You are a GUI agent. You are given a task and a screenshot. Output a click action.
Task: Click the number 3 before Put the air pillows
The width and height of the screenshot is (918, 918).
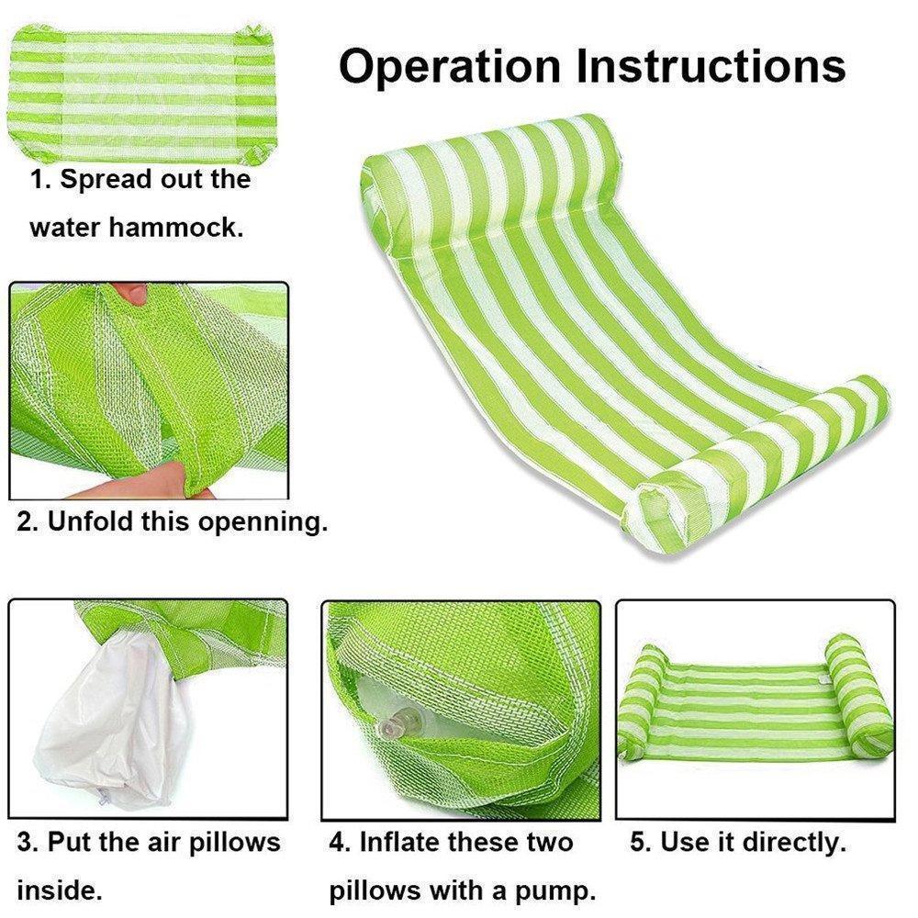(25, 841)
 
